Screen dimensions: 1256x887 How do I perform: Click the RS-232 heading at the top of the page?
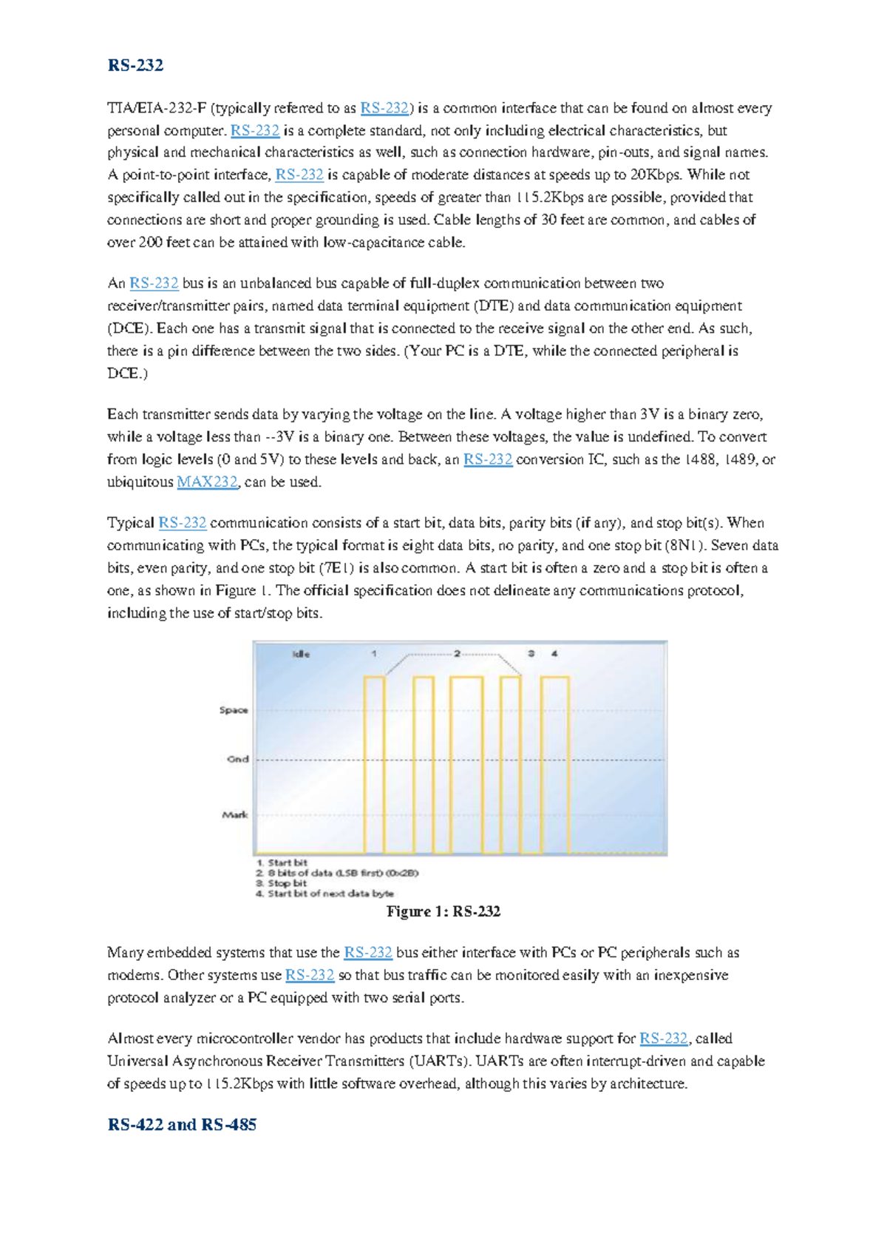click(135, 65)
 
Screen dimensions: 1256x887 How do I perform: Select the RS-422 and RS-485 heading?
click(182, 1124)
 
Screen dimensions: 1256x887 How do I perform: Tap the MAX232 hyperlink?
click(207, 482)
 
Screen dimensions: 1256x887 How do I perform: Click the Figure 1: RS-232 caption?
click(443, 911)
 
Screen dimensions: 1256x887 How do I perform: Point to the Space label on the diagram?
click(234, 710)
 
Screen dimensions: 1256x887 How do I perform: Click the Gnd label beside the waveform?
click(237, 759)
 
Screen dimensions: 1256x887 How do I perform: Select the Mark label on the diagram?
click(235, 814)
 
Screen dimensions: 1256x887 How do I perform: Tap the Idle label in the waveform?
click(301, 654)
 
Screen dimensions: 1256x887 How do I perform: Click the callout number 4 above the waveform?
click(554, 654)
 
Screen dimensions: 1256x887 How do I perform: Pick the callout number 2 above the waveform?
click(457, 654)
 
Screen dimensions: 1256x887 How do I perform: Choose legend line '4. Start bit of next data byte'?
click(324, 894)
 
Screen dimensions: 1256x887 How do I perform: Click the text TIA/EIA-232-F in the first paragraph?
click(157, 109)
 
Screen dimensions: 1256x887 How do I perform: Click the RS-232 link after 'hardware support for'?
click(663, 1039)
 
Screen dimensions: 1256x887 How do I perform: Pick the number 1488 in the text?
click(699, 459)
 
